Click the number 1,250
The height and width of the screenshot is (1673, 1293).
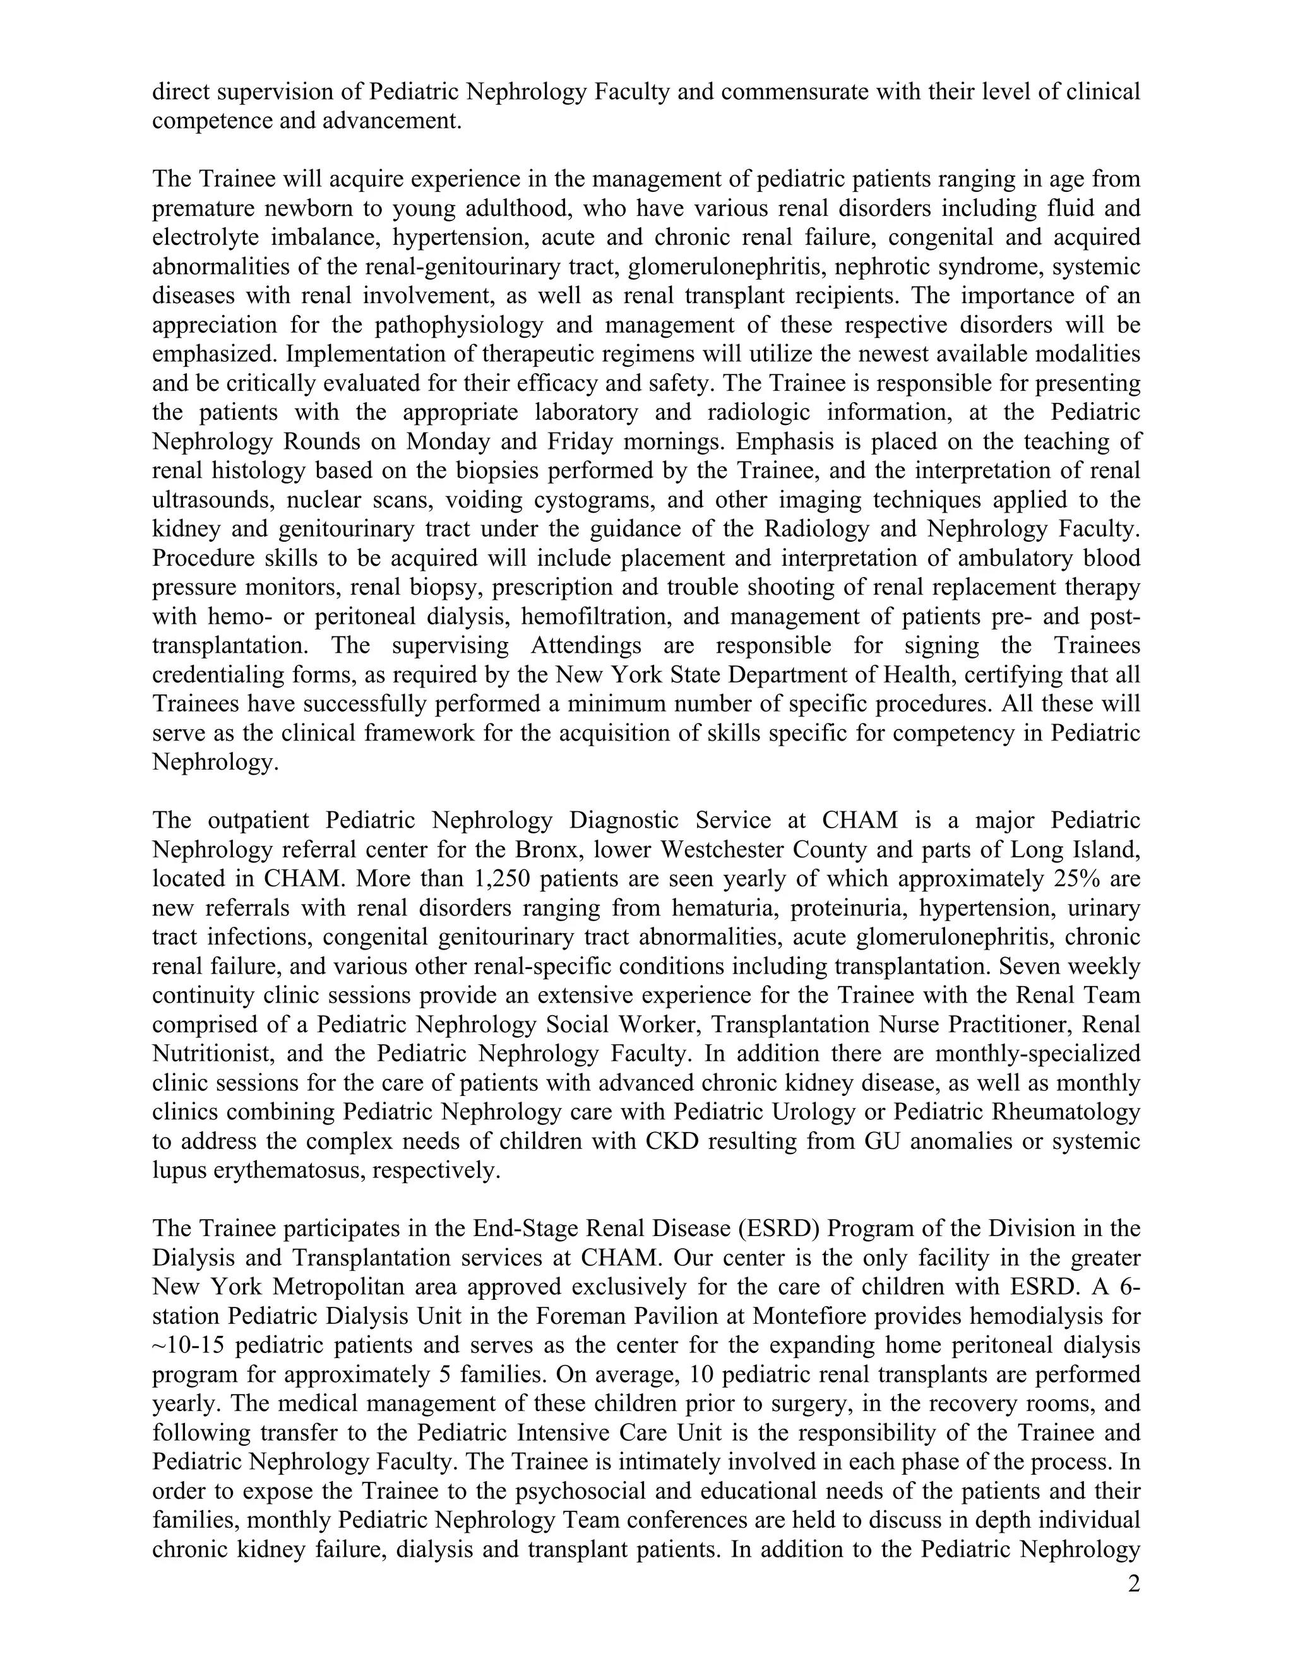pyautogui.click(x=498, y=879)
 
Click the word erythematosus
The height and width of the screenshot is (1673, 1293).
pyautogui.click(x=287, y=1170)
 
